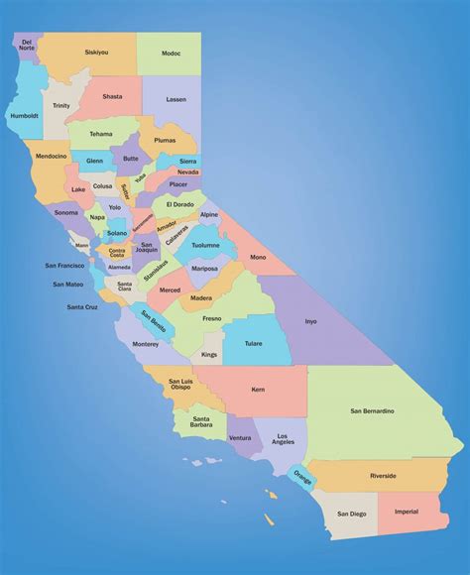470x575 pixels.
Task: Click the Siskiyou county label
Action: [x=96, y=52]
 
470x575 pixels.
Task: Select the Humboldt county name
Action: [x=26, y=115]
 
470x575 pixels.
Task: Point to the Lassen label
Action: [x=176, y=99]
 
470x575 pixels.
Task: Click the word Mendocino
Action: [x=50, y=156]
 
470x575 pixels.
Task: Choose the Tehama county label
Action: [x=101, y=134]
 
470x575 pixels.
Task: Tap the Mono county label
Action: [x=258, y=258]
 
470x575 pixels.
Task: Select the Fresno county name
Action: [x=212, y=319]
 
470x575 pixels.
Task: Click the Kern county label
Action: [x=258, y=390]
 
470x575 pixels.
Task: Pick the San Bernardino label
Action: [x=372, y=409]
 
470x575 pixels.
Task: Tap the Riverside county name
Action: [x=383, y=476]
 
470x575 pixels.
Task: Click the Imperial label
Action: [x=407, y=512]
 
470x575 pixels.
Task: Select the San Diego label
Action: [x=351, y=514]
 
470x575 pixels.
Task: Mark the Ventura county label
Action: [x=239, y=437]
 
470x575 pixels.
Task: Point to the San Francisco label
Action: [x=64, y=266]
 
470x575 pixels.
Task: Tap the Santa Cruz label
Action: [x=82, y=306]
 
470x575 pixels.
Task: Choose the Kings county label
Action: [x=209, y=354]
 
